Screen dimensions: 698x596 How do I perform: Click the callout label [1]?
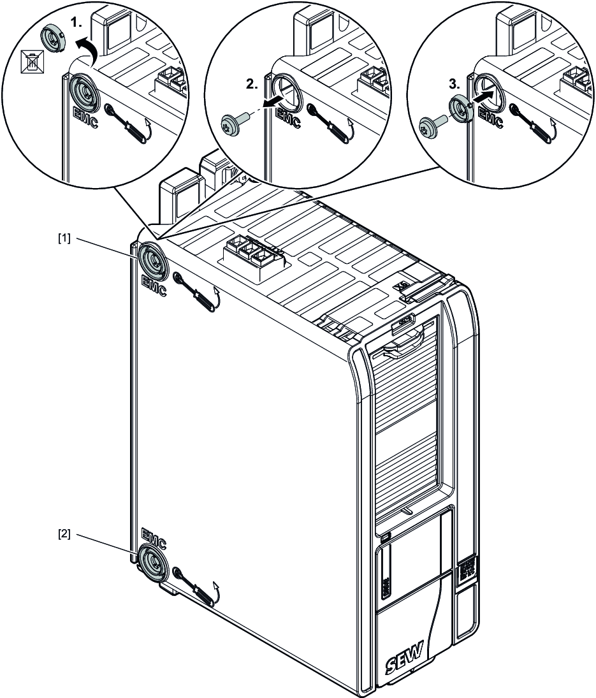[x=65, y=238]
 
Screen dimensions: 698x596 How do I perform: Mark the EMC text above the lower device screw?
[x=154, y=538]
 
